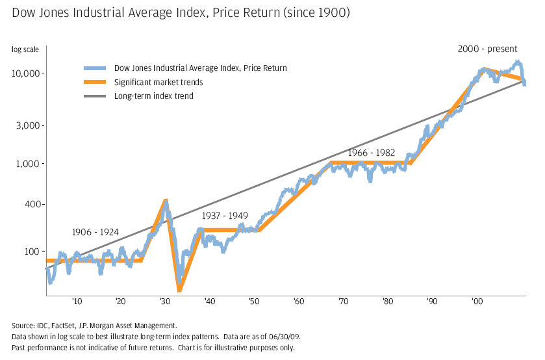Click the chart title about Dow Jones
181,13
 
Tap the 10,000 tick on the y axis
27,73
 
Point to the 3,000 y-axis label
30,125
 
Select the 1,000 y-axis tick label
30,164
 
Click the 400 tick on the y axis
34,205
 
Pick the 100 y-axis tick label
34,251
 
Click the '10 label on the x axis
77,302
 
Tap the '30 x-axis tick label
165,302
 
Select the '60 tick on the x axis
298,302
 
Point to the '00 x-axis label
477,302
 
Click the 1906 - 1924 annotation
95,232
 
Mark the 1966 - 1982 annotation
371,152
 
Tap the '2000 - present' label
487,49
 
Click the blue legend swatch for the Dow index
95,68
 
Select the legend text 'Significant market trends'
158,82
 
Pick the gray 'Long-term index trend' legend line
95,96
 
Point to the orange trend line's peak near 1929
166,200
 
